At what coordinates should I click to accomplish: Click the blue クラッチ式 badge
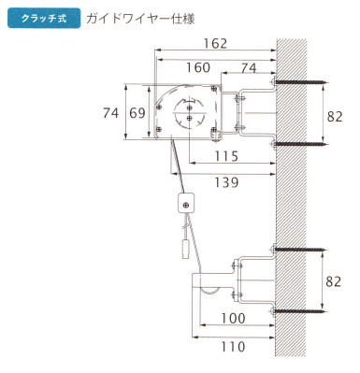[x=44, y=18]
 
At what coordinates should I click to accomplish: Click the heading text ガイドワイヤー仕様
[x=140, y=19]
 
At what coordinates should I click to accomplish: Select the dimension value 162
[x=215, y=43]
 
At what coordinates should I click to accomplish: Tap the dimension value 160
[x=198, y=67]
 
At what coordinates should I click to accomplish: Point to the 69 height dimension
[x=137, y=113]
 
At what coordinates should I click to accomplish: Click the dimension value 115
[x=226, y=156]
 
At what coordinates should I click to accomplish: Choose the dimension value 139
[x=226, y=182]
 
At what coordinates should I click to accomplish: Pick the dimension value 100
[x=233, y=318]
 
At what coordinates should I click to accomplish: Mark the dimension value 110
[x=233, y=346]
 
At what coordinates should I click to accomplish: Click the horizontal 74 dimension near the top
[x=249, y=68]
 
